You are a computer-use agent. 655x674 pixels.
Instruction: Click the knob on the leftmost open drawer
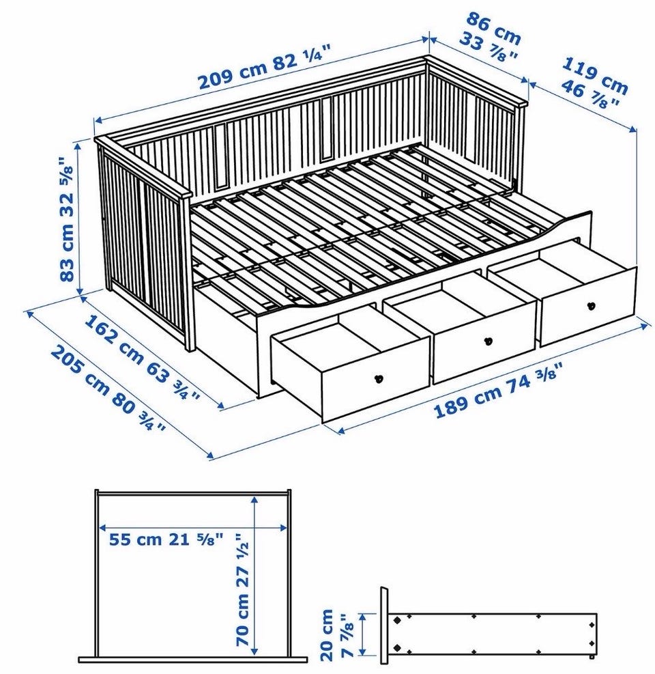coord(379,379)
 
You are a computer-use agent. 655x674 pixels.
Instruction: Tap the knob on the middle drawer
coord(488,341)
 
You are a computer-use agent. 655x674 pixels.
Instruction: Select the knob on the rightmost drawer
coord(592,306)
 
